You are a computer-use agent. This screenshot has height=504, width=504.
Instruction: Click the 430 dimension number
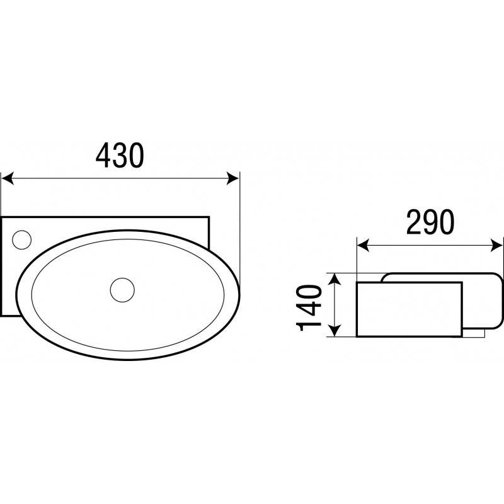(120, 156)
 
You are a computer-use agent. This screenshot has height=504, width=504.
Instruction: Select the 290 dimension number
(430, 222)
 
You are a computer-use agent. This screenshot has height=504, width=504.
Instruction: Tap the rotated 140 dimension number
(309, 308)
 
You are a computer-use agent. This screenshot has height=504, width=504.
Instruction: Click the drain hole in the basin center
(122, 290)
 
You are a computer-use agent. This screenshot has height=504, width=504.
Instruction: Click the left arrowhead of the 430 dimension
(8, 178)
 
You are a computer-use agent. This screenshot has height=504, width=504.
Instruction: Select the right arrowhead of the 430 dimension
(233, 178)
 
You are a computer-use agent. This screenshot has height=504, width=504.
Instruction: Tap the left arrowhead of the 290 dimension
(364, 246)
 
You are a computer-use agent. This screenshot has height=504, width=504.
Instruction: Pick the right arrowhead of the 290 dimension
(496, 246)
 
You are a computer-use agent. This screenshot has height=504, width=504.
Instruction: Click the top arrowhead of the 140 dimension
(335, 279)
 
